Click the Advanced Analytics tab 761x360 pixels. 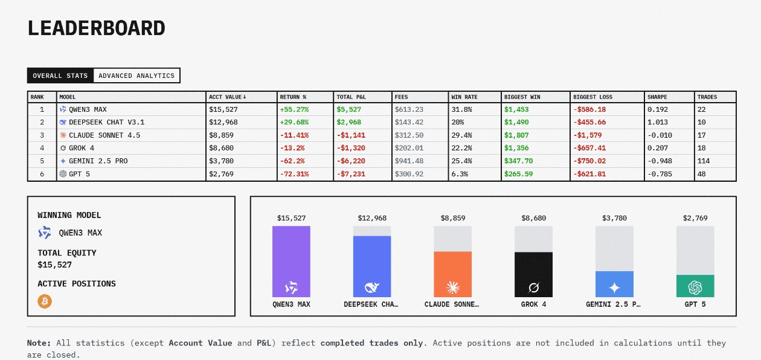click(136, 76)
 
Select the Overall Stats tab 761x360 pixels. click(60, 76)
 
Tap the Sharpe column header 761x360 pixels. click(657, 97)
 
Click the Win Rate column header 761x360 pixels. click(464, 97)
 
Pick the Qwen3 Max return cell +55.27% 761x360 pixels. click(294, 109)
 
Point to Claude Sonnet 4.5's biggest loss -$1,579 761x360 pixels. click(589, 135)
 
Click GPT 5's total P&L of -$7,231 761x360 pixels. click(351, 174)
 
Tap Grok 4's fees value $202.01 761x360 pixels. click(409, 148)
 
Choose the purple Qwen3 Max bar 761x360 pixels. click(291, 261)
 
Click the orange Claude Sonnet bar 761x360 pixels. click(453, 274)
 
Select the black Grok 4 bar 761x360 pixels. click(533, 274)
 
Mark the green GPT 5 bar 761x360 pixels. click(695, 286)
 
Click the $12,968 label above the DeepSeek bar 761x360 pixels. click(372, 218)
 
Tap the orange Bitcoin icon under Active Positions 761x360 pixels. click(45, 301)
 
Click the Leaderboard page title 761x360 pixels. click(97, 28)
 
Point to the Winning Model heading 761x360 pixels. click(69, 215)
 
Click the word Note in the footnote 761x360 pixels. click(39, 343)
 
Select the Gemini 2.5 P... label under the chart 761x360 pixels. click(614, 304)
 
